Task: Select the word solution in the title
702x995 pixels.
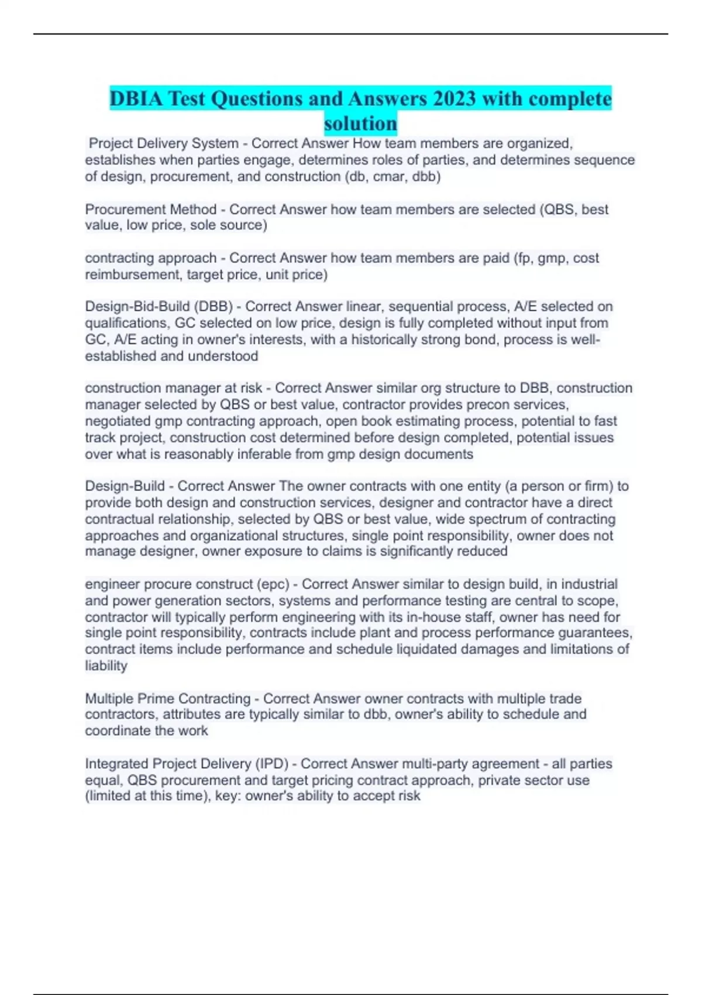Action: coord(360,123)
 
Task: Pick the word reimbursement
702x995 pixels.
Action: coord(132,275)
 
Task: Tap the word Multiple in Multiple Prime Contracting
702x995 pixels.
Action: coord(109,698)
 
